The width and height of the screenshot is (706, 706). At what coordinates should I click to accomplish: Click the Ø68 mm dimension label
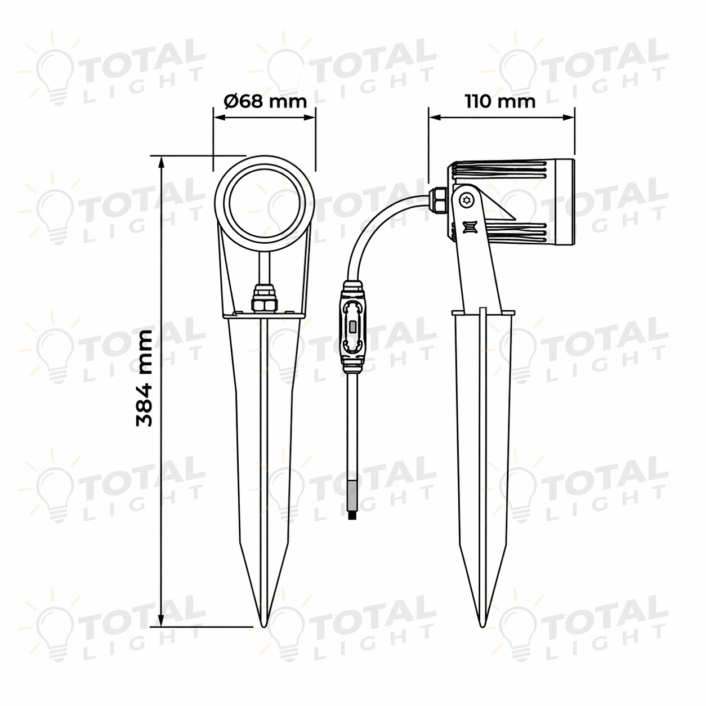pos(265,101)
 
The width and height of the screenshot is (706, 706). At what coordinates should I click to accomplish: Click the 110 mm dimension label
pos(500,101)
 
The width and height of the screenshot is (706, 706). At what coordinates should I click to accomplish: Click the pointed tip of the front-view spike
pos(263,627)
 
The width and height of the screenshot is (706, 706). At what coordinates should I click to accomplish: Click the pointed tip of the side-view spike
pos(483,627)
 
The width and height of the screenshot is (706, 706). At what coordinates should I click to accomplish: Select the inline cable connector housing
pos(352,327)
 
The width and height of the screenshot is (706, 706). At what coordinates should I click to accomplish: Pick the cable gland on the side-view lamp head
pos(438,200)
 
